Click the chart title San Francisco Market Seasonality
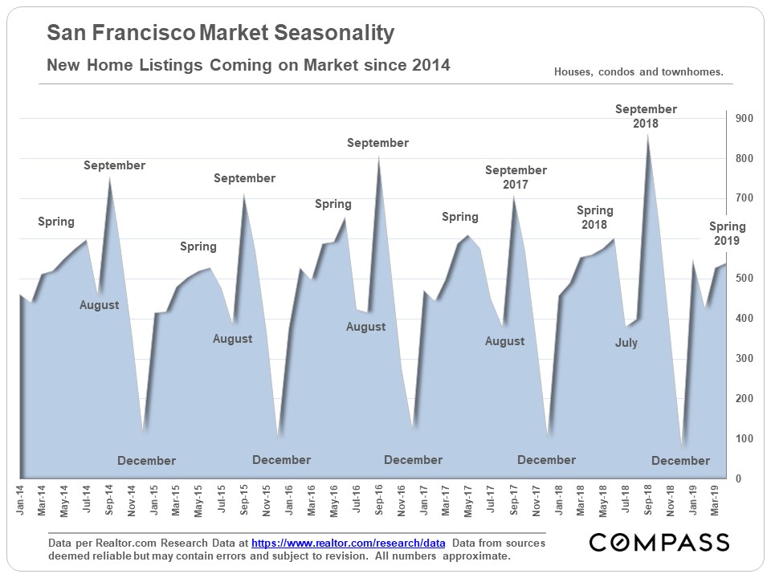(x=221, y=33)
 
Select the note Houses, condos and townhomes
(x=638, y=72)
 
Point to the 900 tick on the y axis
(x=744, y=119)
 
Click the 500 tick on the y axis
(x=744, y=279)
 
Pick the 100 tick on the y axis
(x=744, y=439)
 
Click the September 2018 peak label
(x=646, y=116)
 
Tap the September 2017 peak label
(x=516, y=177)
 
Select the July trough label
(x=626, y=343)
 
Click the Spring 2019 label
(x=727, y=234)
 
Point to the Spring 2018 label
(x=594, y=218)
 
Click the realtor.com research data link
(x=344, y=543)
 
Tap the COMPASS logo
(x=659, y=543)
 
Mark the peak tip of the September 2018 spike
(x=648, y=135)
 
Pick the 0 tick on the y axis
(x=737, y=479)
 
